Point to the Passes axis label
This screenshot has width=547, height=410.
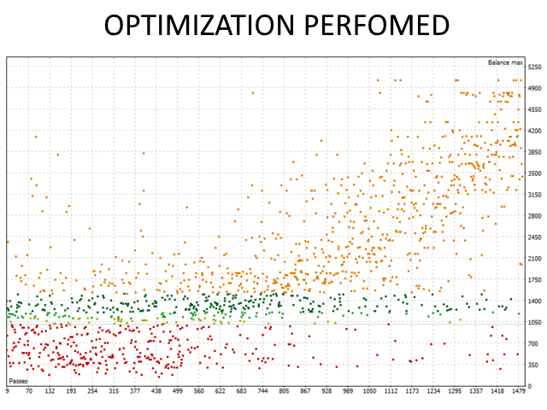(x=18, y=380)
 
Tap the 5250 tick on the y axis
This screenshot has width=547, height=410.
(x=535, y=67)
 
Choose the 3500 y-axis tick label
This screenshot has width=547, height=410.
(x=535, y=173)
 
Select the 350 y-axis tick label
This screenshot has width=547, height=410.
(x=533, y=365)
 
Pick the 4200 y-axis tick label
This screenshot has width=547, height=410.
(x=535, y=131)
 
